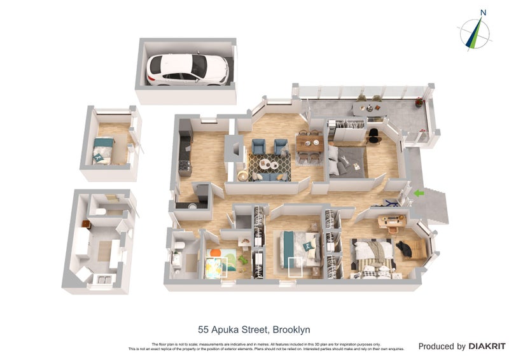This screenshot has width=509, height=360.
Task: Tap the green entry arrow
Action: pyautogui.click(x=418, y=193)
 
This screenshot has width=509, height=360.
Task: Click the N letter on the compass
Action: pyautogui.click(x=483, y=12)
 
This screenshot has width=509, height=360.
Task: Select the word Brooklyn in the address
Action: pyautogui.click(x=292, y=329)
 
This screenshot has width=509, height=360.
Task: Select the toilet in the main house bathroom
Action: pyautogui.click(x=179, y=246)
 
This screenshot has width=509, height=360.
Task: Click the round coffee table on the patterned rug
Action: pyautogui.click(x=267, y=164)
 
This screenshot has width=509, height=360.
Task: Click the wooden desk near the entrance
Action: pyautogui.click(x=391, y=221)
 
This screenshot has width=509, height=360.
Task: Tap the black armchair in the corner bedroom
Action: pyautogui.click(x=405, y=247)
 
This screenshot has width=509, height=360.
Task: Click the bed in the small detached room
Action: pyautogui.click(x=103, y=150)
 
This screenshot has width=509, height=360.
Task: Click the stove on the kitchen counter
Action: pyautogui.click(x=185, y=167)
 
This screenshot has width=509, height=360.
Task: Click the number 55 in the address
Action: pyautogui.click(x=204, y=329)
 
